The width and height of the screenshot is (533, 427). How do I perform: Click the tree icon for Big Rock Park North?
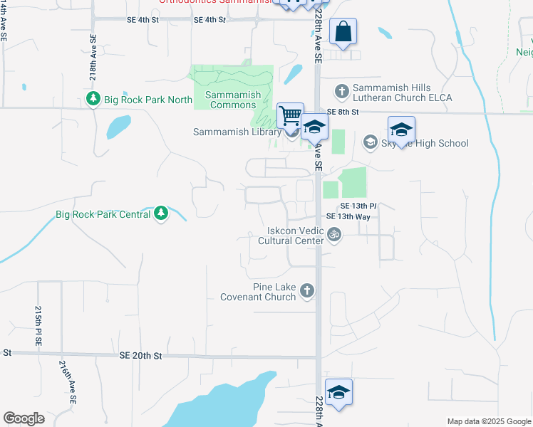point(93,100)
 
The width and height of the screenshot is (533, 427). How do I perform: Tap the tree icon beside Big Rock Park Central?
point(161,213)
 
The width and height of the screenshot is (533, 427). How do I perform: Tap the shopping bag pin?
point(343,32)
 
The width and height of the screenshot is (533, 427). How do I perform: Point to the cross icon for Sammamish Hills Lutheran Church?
point(342,91)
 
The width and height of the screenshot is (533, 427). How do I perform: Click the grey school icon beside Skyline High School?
point(370,143)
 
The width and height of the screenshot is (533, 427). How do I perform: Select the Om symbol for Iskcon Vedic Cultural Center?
point(333,233)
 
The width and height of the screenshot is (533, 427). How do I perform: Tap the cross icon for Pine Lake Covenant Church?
point(307,290)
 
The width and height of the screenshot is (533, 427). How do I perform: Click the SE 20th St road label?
point(141,355)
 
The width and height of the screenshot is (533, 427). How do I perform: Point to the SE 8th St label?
point(342,112)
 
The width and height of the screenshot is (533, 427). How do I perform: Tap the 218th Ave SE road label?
point(93,56)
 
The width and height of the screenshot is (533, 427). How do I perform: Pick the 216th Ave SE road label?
point(67,381)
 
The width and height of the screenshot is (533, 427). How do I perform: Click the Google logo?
point(24,418)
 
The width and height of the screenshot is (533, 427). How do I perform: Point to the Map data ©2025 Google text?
point(488,421)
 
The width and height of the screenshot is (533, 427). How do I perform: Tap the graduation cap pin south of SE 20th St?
point(339,392)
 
